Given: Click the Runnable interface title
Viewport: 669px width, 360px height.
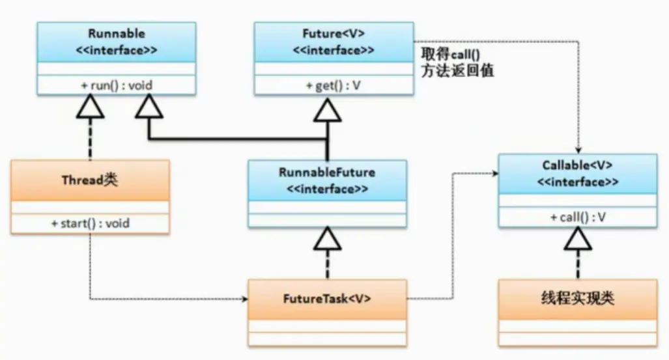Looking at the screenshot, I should (x=115, y=33).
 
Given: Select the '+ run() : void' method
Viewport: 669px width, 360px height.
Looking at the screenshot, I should (x=115, y=85).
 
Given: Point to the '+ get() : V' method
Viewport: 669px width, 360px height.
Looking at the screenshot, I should (x=333, y=85).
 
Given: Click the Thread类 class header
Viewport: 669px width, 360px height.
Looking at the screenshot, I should (x=90, y=180).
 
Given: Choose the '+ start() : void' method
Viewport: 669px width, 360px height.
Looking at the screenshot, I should (x=90, y=223).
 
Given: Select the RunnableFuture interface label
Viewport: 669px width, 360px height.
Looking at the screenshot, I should (x=327, y=173).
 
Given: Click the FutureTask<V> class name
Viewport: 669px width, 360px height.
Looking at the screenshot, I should (x=327, y=299).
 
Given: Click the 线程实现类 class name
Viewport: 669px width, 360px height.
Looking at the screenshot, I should (x=578, y=299).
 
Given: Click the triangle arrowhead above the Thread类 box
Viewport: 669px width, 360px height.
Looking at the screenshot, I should (x=90, y=107).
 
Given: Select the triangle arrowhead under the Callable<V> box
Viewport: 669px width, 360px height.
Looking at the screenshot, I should (x=578, y=240).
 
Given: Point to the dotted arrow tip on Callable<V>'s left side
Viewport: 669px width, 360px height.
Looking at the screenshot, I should (x=496, y=174).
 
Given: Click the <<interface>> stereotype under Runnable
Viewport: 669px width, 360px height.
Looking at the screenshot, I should (x=115, y=51).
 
